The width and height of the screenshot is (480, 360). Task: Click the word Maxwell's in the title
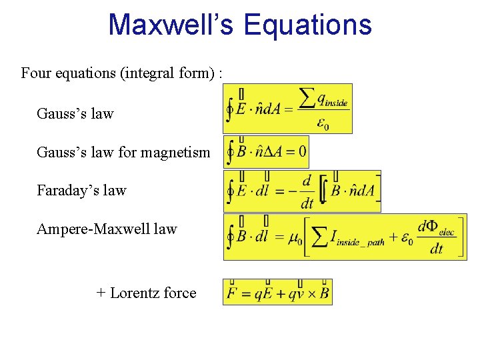(x=171, y=25)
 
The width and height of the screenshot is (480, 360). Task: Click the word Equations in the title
(x=307, y=25)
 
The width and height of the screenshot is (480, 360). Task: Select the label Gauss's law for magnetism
(x=123, y=153)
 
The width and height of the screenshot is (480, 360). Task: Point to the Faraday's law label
(x=81, y=191)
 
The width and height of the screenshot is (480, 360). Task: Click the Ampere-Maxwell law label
(x=107, y=229)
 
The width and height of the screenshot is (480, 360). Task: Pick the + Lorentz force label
(x=146, y=293)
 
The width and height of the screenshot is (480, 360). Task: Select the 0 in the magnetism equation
(x=302, y=153)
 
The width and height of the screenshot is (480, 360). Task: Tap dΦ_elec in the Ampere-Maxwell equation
(x=436, y=227)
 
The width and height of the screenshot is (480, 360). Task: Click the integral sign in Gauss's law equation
(x=230, y=109)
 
